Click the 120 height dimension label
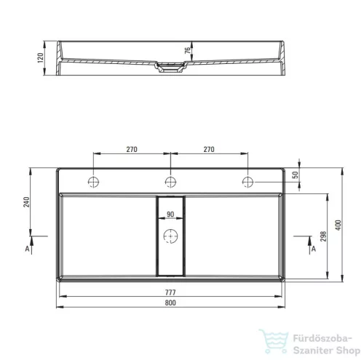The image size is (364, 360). pyautogui.click(x=41, y=57)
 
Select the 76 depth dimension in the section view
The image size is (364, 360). pyautogui.click(x=188, y=51)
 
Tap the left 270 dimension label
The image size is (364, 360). pyautogui.click(x=132, y=149)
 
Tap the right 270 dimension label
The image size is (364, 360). pyautogui.click(x=209, y=149)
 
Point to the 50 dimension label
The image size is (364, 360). pyautogui.click(x=295, y=175)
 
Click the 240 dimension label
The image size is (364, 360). pyautogui.click(x=26, y=202)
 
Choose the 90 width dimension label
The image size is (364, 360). pyautogui.click(x=170, y=215)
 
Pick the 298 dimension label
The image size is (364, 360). pyautogui.click(x=323, y=236)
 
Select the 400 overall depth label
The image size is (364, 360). pyautogui.click(x=338, y=225)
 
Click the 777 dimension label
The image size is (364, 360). pyautogui.click(x=170, y=292)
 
